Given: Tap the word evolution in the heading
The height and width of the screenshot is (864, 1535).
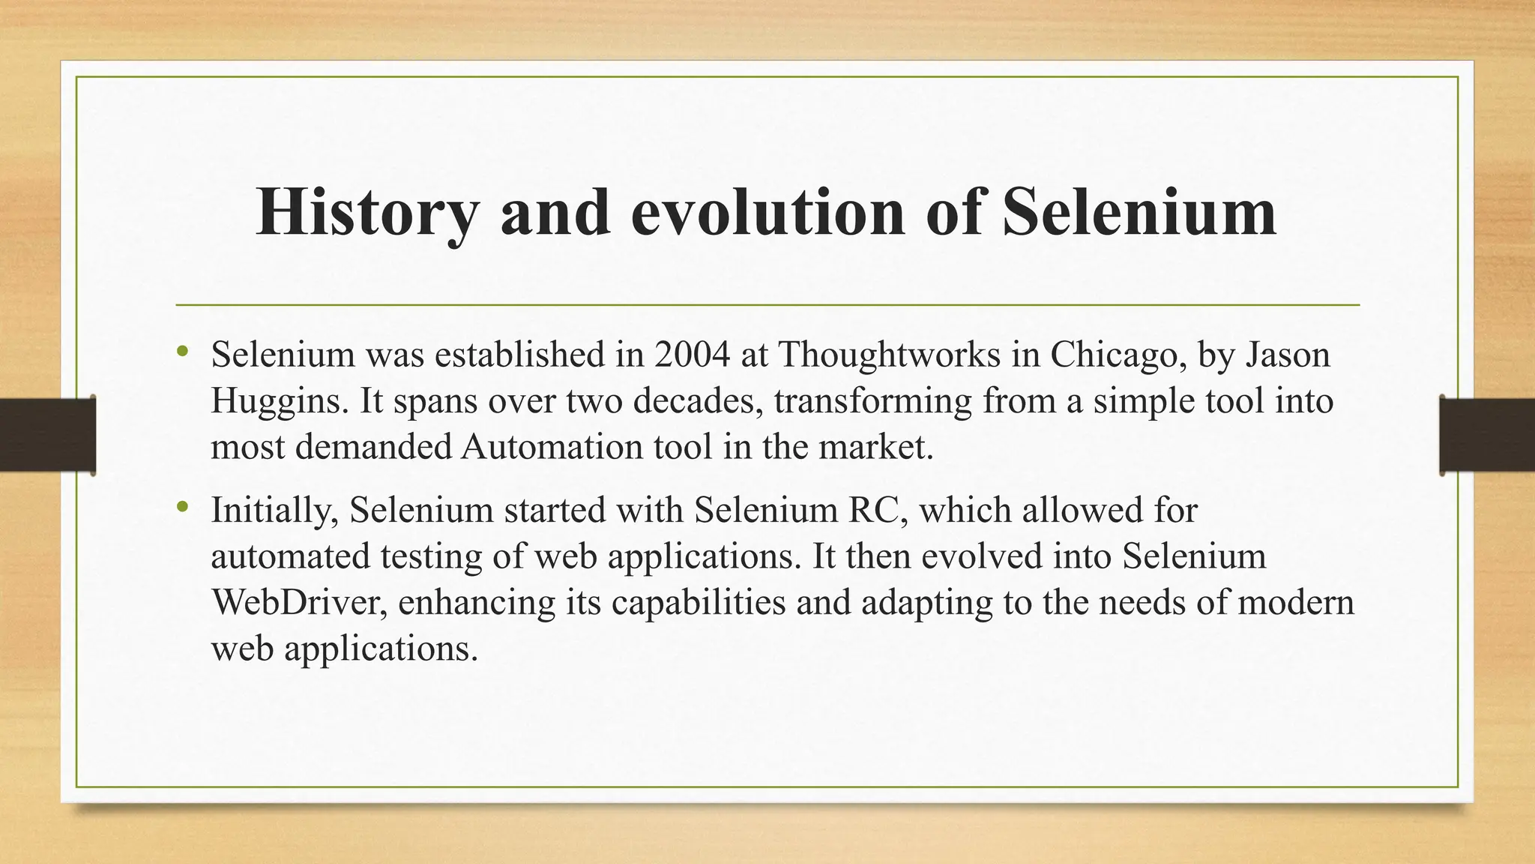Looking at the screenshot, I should [768, 213].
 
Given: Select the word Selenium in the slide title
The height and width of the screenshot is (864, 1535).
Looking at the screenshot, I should [1139, 213].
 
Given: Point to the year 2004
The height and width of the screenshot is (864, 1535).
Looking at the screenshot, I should [692, 355].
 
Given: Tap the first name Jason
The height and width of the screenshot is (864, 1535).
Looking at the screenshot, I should [1288, 355].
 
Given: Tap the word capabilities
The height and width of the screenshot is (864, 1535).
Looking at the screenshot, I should [699, 602].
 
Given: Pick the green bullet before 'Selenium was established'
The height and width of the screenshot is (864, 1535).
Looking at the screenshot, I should [183, 351].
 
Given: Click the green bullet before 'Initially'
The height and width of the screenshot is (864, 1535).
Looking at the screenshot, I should [183, 508].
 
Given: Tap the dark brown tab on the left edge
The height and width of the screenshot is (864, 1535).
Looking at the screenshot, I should [47, 435].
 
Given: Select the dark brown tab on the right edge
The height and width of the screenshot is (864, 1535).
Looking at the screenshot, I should [1487, 435].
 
